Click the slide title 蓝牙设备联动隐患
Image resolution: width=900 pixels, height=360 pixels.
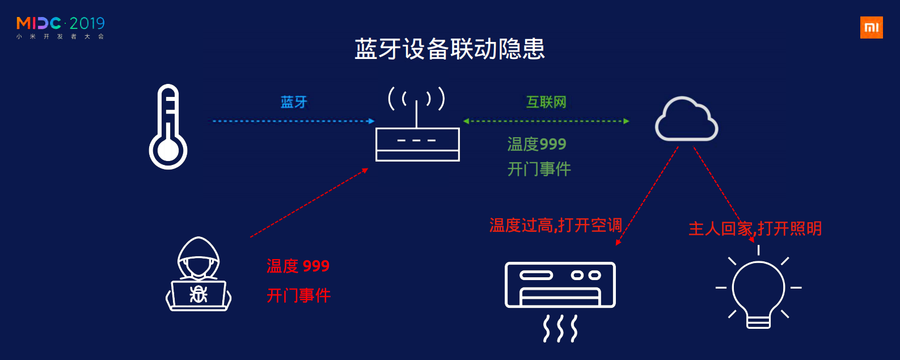click(449, 49)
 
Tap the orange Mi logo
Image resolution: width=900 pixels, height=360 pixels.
click(871, 28)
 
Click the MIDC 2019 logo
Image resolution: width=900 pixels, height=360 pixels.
click(61, 27)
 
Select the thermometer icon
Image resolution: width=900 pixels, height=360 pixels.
click(168, 127)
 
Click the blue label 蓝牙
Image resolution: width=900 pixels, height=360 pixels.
click(294, 102)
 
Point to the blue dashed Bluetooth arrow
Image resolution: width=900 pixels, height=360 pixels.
click(293, 121)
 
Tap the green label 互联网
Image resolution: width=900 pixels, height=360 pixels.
click(546, 102)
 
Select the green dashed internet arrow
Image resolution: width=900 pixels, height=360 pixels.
click(546, 121)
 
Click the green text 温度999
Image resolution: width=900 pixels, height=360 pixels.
click(536, 144)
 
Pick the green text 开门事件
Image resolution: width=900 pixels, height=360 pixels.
click(539, 169)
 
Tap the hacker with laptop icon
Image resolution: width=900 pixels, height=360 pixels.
click(198, 274)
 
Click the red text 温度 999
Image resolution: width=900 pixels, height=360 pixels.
click(298, 266)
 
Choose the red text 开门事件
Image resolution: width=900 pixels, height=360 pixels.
click(298, 295)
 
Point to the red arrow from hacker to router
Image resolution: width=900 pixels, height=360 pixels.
click(309, 202)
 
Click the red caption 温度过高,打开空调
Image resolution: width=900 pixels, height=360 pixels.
click(555, 226)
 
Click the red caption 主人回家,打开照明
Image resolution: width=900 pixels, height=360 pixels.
click(755, 228)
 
